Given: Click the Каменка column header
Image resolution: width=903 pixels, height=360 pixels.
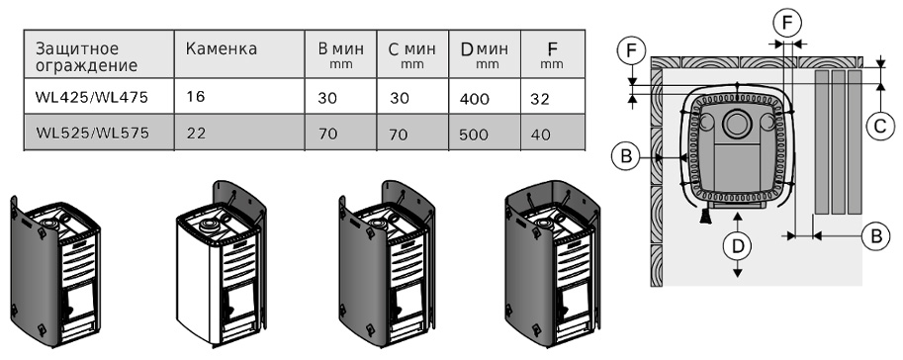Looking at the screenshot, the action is click(x=222, y=49).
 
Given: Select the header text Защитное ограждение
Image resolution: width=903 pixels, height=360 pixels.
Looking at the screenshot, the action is click(x=86, y=56).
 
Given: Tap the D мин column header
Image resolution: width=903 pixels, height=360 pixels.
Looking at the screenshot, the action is click(x=485, y=54).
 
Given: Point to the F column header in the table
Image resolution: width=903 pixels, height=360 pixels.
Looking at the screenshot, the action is click(x=552, y=54).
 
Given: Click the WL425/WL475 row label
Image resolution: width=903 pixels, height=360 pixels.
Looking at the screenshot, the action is click(x=92, y=97).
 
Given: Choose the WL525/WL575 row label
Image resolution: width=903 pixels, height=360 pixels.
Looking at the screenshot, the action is click(x=92, y=134).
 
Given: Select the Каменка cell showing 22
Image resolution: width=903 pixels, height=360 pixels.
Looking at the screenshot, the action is click(x=197, y=134).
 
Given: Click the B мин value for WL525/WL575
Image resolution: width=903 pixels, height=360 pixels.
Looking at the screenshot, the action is click(x=328, y=135).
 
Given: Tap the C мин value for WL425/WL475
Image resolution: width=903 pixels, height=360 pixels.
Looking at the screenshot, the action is click(x=399, y=99).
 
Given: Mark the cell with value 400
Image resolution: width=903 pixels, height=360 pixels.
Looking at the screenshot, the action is click(x=475, y=99).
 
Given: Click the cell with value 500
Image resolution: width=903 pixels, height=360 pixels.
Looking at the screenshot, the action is click(x=474, y=135).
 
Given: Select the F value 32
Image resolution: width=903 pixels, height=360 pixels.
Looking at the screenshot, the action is click(x=539, y=99).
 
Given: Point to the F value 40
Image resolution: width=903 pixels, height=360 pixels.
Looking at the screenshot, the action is click(x=540, y=135).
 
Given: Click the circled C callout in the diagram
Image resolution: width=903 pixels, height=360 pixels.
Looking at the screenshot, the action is click(x=880, y=126).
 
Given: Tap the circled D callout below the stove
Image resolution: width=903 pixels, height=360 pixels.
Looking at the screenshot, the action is click(x=738, y=246).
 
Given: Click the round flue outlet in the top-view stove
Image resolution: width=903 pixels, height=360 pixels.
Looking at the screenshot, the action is click(x=736, y=124).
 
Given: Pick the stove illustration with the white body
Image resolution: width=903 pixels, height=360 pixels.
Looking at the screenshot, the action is click(x=223, y=264).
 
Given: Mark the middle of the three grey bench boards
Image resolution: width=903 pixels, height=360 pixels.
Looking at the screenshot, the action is click(x=838, y=142).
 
